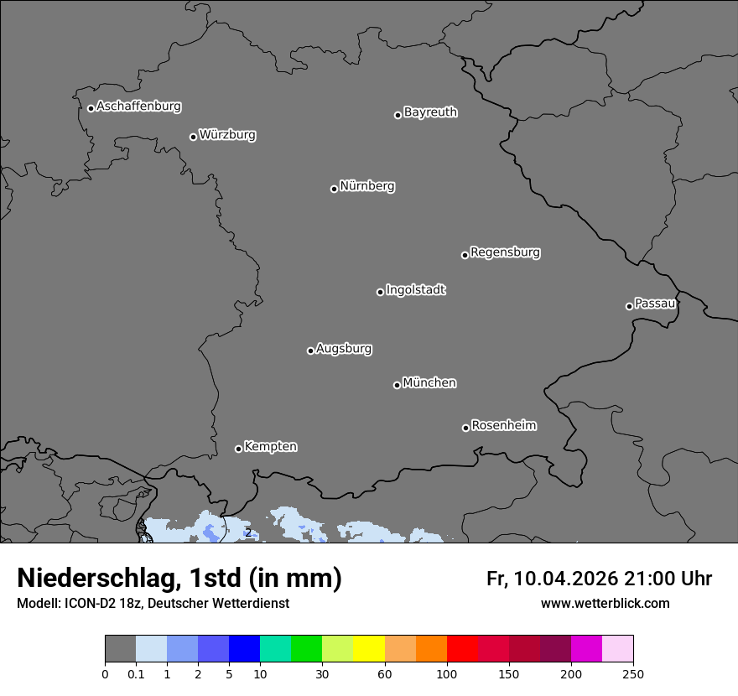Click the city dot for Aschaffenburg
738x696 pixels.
[91, 108]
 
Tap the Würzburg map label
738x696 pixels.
[227, 135]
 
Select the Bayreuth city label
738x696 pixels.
[430, 112]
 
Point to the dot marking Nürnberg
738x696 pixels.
[334, 189]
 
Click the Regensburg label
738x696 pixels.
[505, 252]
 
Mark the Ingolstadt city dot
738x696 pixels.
[380, 292]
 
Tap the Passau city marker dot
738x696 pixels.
[629, 306]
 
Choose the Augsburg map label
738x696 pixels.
[344, 349]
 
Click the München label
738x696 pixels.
[429, 383]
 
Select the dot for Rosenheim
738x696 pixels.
[465, 429]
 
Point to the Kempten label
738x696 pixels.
[270, 447]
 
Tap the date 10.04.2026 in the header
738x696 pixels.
[566, 579]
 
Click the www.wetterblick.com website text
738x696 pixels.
[605, 603]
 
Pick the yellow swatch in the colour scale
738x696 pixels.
[369, 649]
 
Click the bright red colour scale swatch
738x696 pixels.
[462, 649]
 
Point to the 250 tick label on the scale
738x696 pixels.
[633, 673]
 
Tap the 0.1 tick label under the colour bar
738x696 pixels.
[136, 673]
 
